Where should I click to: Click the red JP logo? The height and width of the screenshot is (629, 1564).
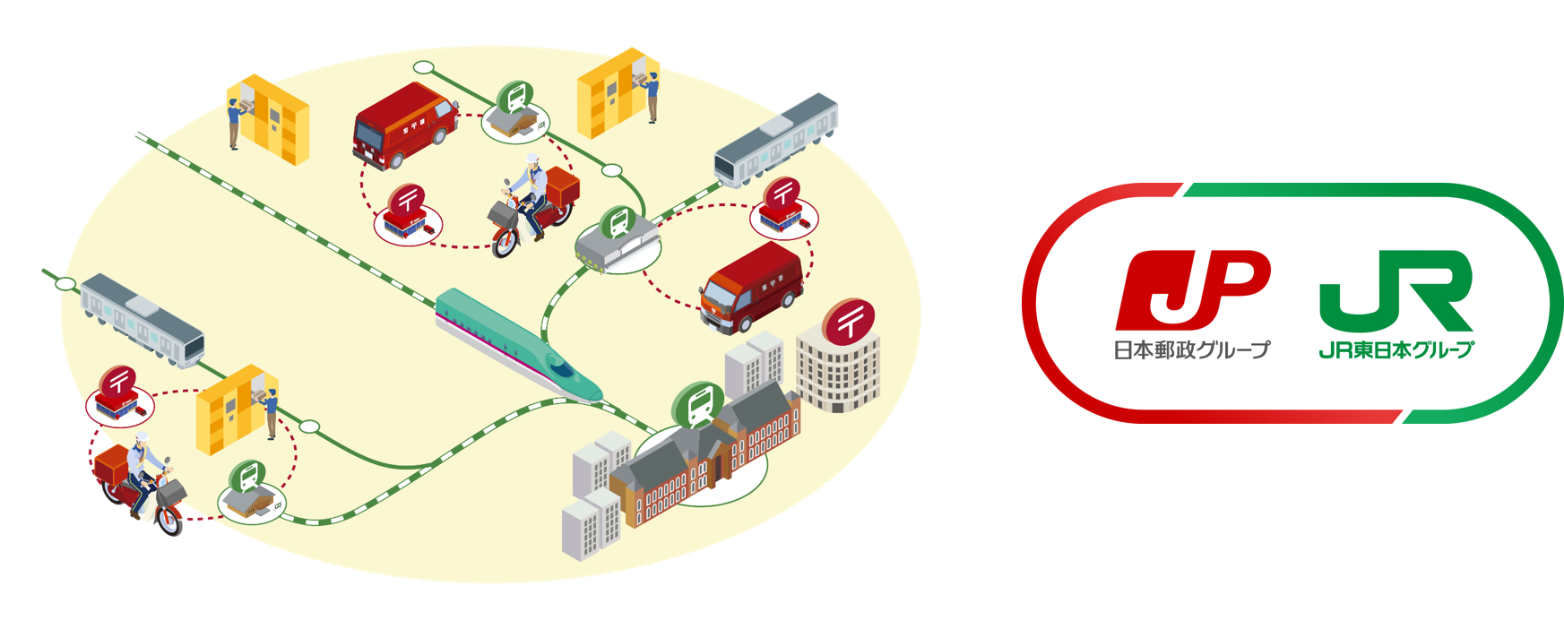[x=1192, y=289]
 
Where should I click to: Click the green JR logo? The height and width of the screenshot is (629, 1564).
[x=1395, y=290]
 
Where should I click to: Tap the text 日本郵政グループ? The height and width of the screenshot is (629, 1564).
[x=1191, y=349]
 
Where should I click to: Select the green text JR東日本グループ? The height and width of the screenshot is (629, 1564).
[x=1396, y=349]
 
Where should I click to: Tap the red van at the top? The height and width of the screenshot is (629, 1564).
[x=403, y=125]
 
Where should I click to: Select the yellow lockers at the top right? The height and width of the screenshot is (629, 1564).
[x=609, y=90]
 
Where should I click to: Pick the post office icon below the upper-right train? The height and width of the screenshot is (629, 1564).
[x=782, y=207]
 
